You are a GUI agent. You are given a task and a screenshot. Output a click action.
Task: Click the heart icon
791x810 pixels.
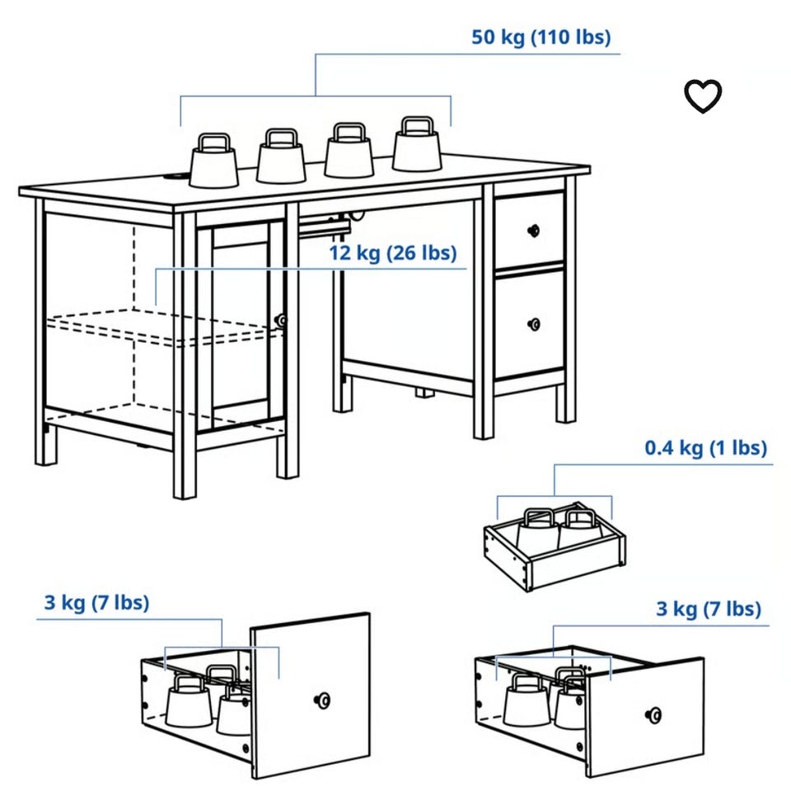tap(703, 96)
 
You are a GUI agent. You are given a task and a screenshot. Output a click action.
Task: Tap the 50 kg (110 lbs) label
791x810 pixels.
tap(541, 37)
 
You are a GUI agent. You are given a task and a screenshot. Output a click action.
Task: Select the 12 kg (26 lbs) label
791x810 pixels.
tap(393, 253)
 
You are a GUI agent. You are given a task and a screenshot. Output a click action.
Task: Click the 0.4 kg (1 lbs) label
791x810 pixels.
tap(706, 447)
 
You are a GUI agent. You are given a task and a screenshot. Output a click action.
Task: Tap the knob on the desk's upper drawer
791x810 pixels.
tap(534, 230)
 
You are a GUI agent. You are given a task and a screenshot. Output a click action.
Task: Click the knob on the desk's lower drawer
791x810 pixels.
tap(534, 324)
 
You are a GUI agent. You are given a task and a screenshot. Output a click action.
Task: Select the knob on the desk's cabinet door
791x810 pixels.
tap(281, 321)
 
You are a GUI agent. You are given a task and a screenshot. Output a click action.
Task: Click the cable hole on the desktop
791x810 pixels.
tap(176, 180)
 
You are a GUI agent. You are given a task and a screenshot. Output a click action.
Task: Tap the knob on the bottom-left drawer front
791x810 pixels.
tap(322, 700)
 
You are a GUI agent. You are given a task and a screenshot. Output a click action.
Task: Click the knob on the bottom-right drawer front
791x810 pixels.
tap(653, 715)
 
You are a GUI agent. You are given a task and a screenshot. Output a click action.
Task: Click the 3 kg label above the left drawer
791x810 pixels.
tap(96, 603)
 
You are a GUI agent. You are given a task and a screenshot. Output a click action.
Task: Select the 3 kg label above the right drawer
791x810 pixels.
tap(709, 609)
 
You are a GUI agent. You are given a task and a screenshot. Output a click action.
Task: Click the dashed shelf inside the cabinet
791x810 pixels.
tap(166, 327)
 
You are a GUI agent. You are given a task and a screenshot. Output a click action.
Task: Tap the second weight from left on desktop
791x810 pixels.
tap(280, 156)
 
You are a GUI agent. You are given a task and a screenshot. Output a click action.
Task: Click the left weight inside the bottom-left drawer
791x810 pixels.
tap(189, 702)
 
